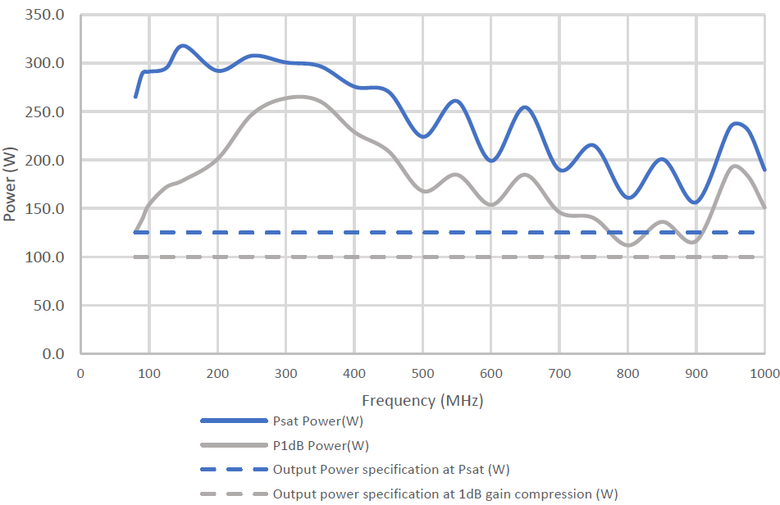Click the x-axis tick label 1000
764,374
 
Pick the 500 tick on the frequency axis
422,374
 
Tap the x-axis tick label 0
80,374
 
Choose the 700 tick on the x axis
559,374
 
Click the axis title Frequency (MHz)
422,401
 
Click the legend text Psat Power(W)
317,421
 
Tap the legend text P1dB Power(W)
321,446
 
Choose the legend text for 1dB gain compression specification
445,494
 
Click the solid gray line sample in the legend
234,446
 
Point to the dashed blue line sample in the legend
234,470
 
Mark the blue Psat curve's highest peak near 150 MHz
183,46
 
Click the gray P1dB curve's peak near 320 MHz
299,97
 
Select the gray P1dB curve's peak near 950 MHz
735,166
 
